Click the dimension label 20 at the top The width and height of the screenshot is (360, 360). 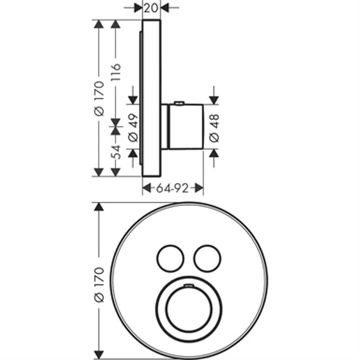click(x=151, y=7)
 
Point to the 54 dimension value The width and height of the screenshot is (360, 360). click(x=116, y=150)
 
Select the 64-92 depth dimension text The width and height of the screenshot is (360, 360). click(x=173, y=188)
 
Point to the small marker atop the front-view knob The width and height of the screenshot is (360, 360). click(x=188, y=287)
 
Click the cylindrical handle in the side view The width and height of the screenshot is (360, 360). click(x=186, y=126)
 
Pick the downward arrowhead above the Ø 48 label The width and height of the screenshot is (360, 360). click(x=214, y=100)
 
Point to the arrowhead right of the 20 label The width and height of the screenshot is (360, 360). click(x=165, y=7)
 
